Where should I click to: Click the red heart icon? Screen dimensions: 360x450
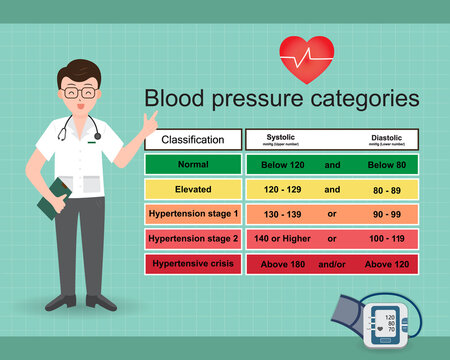(306, 57)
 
